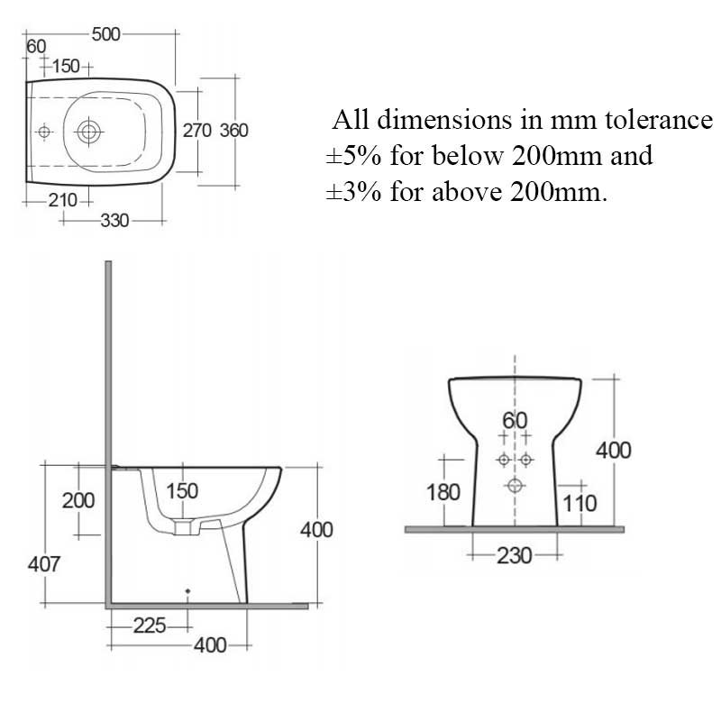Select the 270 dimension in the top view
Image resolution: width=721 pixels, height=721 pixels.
196,131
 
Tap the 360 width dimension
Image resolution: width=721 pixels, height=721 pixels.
233,131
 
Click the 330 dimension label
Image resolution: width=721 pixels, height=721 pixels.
113,220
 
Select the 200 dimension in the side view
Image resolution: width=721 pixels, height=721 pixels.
78,500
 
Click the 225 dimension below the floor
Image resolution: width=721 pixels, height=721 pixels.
149,625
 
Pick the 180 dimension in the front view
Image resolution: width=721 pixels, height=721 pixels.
443,492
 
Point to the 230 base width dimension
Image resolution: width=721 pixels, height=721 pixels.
515,554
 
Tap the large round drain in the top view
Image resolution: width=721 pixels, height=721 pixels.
88,132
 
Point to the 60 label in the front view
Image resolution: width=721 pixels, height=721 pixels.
515,421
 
